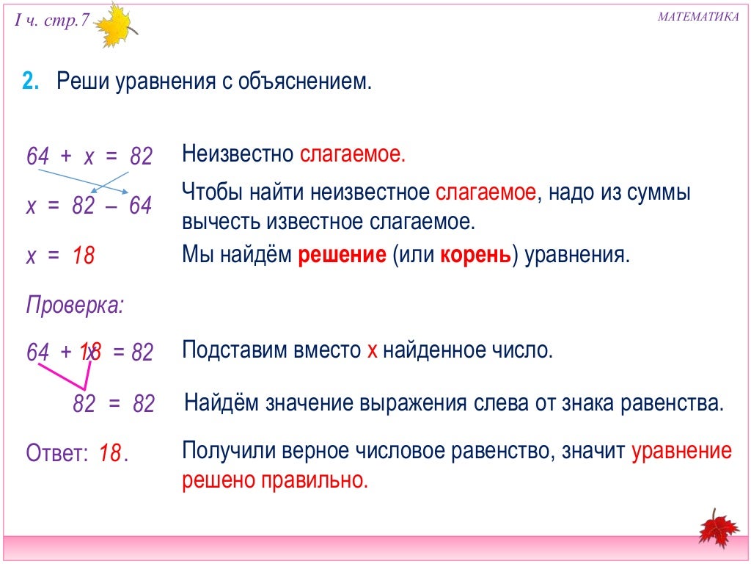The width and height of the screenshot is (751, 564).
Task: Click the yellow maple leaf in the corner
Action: click(114, 26)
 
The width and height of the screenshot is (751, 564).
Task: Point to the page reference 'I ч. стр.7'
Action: click(51, 21)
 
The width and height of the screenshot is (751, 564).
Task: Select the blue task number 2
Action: click(30, 82)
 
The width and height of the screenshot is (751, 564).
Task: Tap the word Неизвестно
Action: click(238, 155)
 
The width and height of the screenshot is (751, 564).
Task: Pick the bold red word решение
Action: click(342, 256)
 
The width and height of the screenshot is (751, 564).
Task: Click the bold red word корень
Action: click(475, 256)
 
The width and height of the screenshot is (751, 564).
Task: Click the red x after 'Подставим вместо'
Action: click(372, 350)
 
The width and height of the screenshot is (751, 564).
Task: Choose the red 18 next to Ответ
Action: click(109, 453)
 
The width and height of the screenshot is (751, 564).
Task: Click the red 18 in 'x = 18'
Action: click(84, 256)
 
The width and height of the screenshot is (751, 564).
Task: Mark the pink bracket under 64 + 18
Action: click(70, 377)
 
